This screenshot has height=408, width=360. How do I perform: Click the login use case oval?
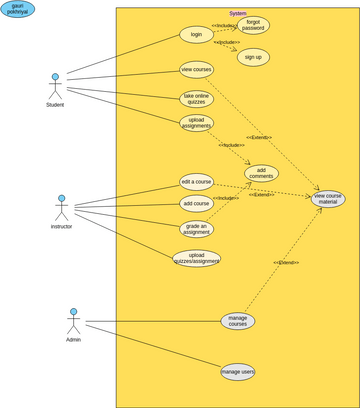[x=196, y=34]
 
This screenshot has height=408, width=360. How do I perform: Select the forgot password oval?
[x=253, y=25]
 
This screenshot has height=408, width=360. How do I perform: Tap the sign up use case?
[x=253, y=57]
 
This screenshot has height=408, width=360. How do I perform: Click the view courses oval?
[x=196, y=69]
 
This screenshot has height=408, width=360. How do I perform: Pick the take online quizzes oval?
[x=196, y=99]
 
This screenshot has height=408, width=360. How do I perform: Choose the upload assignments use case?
[x=196, y=123]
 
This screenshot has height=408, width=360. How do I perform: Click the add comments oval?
[x=261, y=173]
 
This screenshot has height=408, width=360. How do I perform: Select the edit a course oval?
[x=196, y=181]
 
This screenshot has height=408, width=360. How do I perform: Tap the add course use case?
[x=196, y=203]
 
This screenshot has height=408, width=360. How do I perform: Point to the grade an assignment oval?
[x=196, y=228]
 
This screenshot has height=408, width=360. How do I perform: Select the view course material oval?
[x=328, y=198]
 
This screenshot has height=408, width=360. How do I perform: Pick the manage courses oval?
[x=237, y=321]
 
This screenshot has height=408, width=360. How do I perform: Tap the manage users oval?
[x=237, y=372]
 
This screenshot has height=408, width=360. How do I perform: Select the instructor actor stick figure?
[x=61, y=207]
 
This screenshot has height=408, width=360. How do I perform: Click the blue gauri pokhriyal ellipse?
[x=18, y=9]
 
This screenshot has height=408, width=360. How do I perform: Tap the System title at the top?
[x=237, y=13]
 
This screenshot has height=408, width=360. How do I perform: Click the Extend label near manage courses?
[x=286, y=262]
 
